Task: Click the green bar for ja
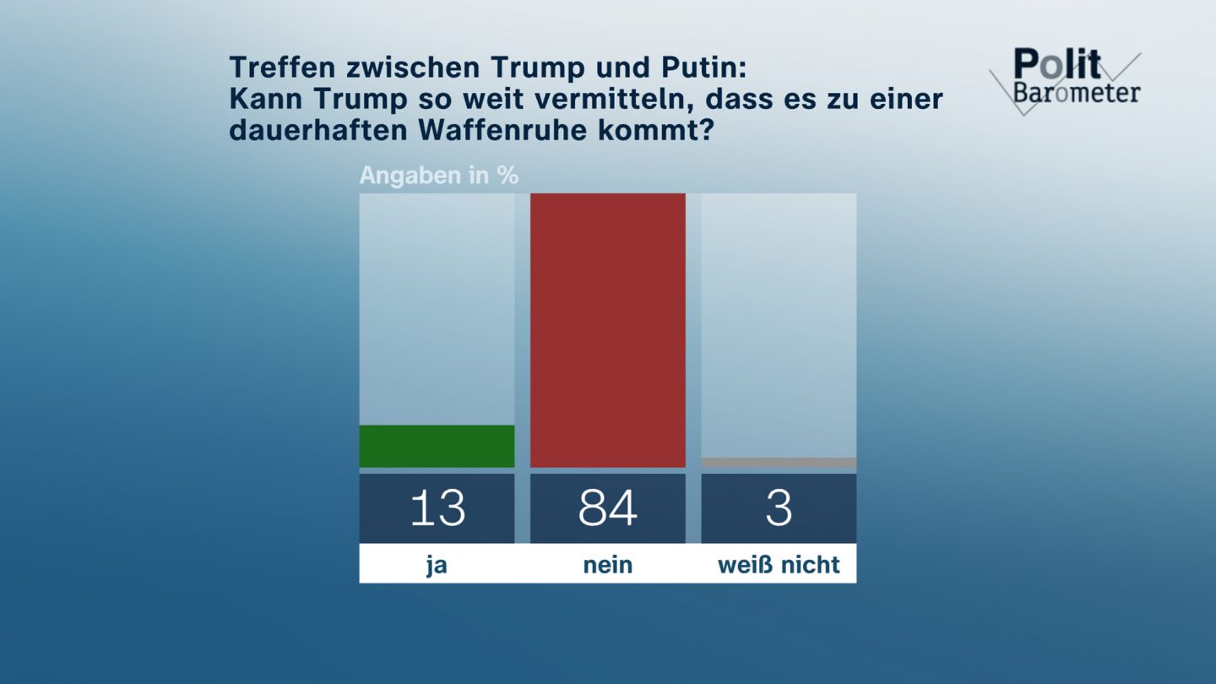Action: click(437, 446)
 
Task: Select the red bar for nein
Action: click(607, 330)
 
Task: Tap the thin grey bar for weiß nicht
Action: click(779, 462)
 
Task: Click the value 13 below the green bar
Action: click(437, 508)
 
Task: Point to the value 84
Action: click(607, 508)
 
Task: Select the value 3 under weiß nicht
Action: click(779, 508)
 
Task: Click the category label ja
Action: click(437, 564)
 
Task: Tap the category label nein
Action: click(607, 564)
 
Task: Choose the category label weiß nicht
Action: click(779, 564)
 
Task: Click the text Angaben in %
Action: click(439, 176)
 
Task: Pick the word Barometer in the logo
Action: click(1077, 92)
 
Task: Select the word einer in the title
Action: click(906, 100)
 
